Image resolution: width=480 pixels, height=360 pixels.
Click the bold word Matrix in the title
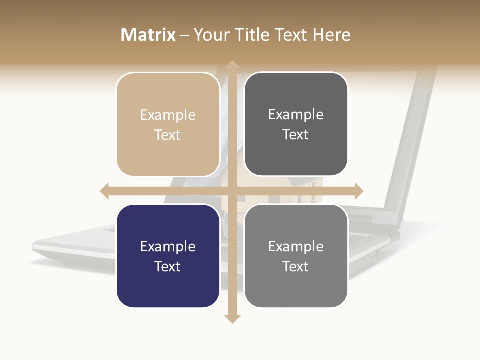pos(148,35)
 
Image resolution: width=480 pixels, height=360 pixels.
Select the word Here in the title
pos(332,35)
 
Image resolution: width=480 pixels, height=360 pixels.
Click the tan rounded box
pos(168,124)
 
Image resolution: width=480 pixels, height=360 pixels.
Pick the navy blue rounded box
pos(168,256)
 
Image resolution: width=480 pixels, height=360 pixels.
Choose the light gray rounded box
pos(296,256)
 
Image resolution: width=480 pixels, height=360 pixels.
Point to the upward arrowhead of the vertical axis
pos(232,64)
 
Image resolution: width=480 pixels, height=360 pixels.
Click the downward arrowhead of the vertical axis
pos(232,319)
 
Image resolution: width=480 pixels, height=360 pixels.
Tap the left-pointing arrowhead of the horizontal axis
pos(105,191)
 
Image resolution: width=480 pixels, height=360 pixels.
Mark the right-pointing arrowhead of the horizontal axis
pos(358,191)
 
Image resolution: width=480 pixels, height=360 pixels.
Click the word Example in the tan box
pos(168,115)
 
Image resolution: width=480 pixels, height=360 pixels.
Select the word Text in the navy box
pos(168,266)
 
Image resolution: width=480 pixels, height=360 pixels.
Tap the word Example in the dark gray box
pos(296,114)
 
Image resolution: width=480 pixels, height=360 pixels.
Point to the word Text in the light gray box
pos(296,266)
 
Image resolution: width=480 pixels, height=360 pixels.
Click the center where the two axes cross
pos(232,191)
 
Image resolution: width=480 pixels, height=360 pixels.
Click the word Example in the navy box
pos(168,246)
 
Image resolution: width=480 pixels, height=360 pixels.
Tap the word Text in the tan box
pos(168,135)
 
